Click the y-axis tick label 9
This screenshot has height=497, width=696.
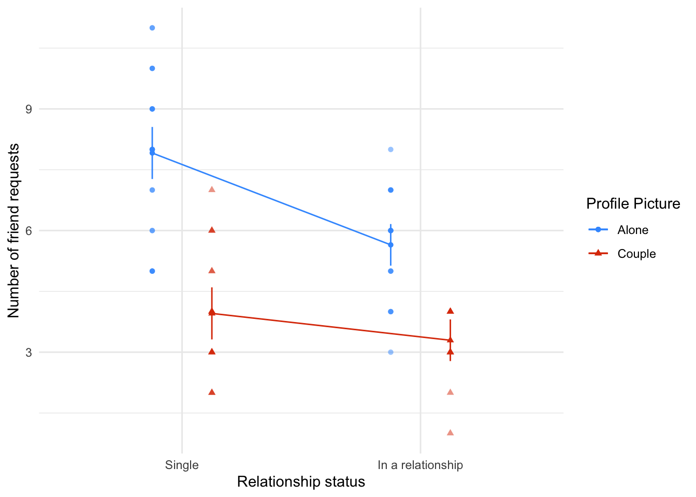point(29,109)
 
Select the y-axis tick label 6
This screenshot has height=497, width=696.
point(29,231)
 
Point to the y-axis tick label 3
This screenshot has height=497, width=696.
point(29,353)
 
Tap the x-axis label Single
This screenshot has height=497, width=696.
point(182,465)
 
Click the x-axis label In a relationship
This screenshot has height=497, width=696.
point(420,465)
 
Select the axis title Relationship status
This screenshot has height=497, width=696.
point(301,482)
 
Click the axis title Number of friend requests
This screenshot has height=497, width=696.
point(14,230)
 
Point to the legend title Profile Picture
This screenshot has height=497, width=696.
point(633,204)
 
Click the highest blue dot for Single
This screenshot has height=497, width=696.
point(152,28)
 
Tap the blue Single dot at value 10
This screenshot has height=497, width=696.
point(152,68)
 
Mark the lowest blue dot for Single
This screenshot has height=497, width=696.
point(152,271)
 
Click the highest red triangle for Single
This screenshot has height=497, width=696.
point(212,189)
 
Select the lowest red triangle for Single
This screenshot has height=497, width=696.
point(212,392)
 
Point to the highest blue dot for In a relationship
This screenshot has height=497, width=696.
point(390,150)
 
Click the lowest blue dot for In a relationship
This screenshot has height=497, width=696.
point(390,352)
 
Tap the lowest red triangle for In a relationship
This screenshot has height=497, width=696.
point(450,433)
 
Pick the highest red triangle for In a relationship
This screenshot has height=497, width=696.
point(450,311)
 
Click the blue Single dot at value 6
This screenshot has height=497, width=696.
point(152,230)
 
